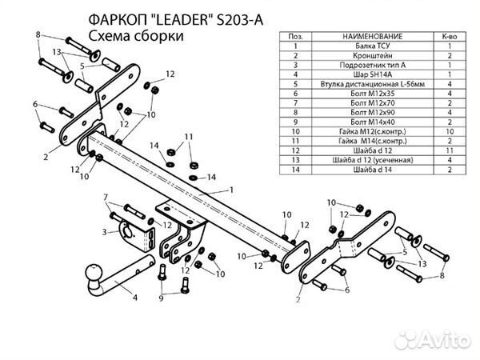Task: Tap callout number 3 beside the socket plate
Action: tap(105, 233)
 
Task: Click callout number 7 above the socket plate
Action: tap(105, 197)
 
